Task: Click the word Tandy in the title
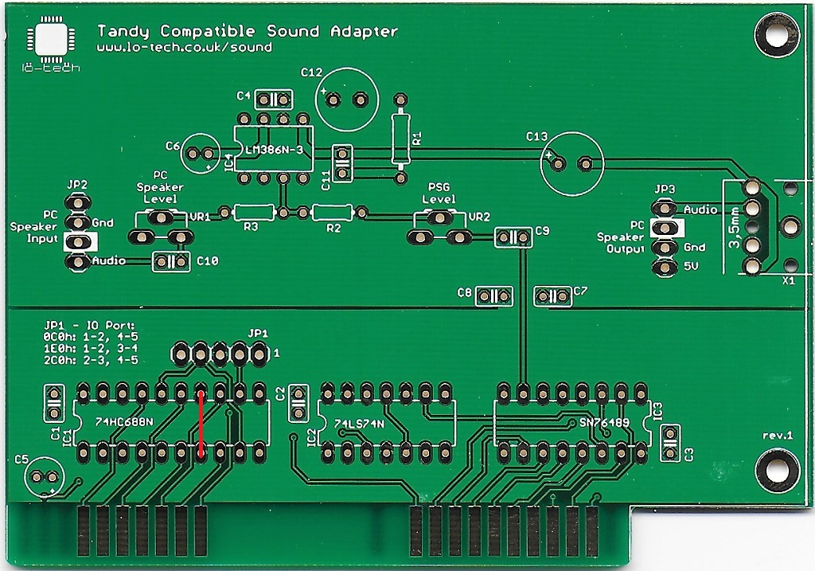pyautogui.click(x=123, y=32)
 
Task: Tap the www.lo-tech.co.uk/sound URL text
pyautogui.click(x=185, y=47)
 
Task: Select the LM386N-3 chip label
pyautogui.click(x=274, y=151)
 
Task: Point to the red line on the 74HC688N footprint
pyautogui.click(x=201, y=423)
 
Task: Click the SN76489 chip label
pyautogui.click(x=604, y=423)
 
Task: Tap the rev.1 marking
pyautogui.click(x=778, y=436)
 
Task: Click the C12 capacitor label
pyautogui.click(x=311, y=72)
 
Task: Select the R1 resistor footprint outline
pyautogui.click(x=400, y=139)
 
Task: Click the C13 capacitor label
pyautogui.click(x=537, y=136)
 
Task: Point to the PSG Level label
pyautogui.click(x=439, y=193)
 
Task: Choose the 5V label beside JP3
pyautogui.click(x=691, y=266)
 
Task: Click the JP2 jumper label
pyautogui.click(x=77, y=185)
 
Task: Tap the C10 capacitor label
pyautogui.click(x=208, y=260)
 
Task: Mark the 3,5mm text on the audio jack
pyautogui.click(x=734, y=227)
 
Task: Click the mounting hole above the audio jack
pyautogui.click(x=777, y=35)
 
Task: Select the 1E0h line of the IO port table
pyautogui.click(x=91, y=348)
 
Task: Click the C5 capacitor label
pyautogui.click(x=21, y=460)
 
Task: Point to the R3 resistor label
pyautogui.click(x=251, y=227)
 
